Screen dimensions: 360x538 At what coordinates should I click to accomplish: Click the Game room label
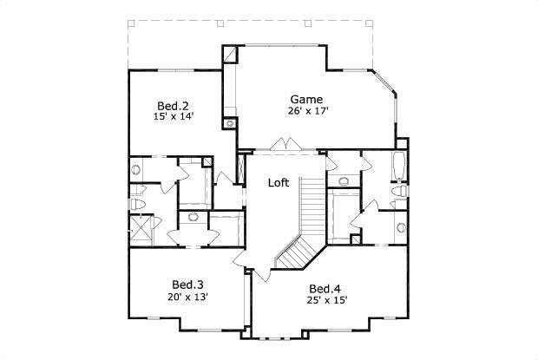coord(306,99)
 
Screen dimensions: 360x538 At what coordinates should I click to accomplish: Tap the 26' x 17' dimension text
coord(307,111)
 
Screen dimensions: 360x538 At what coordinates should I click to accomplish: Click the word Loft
coord(278,183)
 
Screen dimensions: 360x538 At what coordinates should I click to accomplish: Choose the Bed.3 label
coord(187,285)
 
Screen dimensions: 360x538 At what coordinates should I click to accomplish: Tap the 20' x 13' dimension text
coord(188,297)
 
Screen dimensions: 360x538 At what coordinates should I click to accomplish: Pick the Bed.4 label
coord(324,289)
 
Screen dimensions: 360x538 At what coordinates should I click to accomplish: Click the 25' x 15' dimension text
coord(326,301)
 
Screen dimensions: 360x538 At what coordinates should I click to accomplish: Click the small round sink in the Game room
coord(230,123)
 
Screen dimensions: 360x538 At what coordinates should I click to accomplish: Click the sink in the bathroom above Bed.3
coord(193,219)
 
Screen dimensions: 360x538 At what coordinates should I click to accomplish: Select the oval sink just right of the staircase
coord(343,181)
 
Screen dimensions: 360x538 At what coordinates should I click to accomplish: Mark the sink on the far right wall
coord(401,228)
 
